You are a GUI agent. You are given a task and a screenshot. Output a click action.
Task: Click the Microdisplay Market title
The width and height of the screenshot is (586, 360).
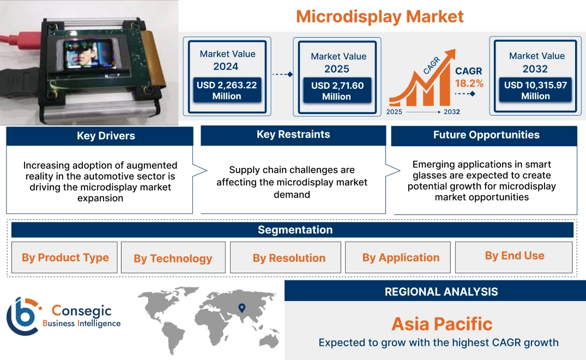click(380, 16)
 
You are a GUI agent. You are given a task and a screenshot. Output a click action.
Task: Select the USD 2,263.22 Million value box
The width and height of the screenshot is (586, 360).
click(227, 91)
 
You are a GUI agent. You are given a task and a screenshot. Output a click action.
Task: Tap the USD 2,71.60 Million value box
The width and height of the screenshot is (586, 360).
click(337, 91)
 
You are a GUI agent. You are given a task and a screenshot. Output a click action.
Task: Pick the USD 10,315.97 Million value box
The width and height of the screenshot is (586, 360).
click(535, 91)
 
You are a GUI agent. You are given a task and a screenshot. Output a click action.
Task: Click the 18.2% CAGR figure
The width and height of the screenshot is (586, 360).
click(469, 83)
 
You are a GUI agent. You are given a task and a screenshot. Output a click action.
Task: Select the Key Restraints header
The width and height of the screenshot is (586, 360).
click(293, 135)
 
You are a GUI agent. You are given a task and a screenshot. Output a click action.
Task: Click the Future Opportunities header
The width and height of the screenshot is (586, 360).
click(486, 135)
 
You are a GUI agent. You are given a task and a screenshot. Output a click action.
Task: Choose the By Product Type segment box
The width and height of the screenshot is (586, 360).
click(65, 257)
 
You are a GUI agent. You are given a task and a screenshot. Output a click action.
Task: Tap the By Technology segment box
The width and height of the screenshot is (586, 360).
click(173, 258)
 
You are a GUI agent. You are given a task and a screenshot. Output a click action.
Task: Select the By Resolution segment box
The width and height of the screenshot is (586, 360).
click(289, 258)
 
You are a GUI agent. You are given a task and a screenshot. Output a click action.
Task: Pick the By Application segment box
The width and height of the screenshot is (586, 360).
click(401, 257)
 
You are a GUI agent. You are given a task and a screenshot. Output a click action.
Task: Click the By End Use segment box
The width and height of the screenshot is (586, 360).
click(515, 256)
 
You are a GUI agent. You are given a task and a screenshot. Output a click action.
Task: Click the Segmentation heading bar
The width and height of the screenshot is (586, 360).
click(295, 230)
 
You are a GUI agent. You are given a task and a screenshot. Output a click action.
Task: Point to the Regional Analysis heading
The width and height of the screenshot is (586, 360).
click(441, 292)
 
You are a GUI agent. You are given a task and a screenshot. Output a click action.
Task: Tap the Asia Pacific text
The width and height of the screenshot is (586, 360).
click(442, 324)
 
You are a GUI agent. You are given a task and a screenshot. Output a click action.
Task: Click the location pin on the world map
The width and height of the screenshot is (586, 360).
click(242, 309)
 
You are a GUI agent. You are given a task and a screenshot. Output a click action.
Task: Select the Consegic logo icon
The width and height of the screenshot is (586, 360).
click(22, 316)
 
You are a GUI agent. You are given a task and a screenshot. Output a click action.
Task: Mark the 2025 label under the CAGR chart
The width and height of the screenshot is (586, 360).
click(395, 112)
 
